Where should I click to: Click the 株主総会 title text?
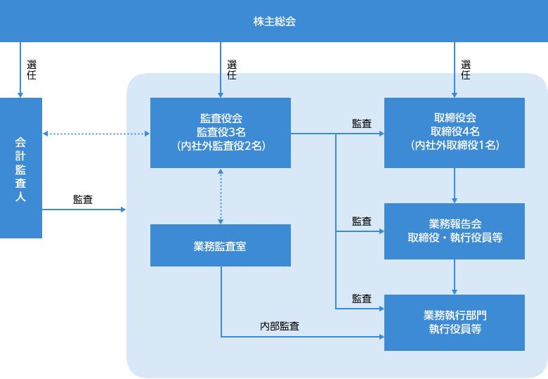coord(274,22)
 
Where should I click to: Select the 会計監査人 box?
coord(21,168)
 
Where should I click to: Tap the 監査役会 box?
coord(221,133)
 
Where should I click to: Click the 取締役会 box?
coord(455,133)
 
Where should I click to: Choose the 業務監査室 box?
coord(221,245)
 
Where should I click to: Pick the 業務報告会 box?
coord(455,231)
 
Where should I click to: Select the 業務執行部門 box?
coord(455,322)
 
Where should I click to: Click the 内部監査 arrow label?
coord(280,326)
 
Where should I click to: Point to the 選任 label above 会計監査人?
coord(32,70)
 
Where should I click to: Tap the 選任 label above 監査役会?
coord(232,70)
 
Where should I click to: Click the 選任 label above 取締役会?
coord(466,70)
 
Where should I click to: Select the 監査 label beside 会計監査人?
coord(83,200)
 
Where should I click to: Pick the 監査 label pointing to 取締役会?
coord(362,124)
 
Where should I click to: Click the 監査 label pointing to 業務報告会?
coord(362,221)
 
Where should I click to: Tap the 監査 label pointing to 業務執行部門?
coord(362,299)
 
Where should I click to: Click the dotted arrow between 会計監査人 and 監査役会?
coord(96,134)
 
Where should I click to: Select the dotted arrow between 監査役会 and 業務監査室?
coord(221,196)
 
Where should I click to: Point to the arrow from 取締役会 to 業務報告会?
coord(455,186)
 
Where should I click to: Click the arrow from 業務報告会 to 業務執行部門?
coord(455,277)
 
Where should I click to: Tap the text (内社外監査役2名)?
coord(221,146)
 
